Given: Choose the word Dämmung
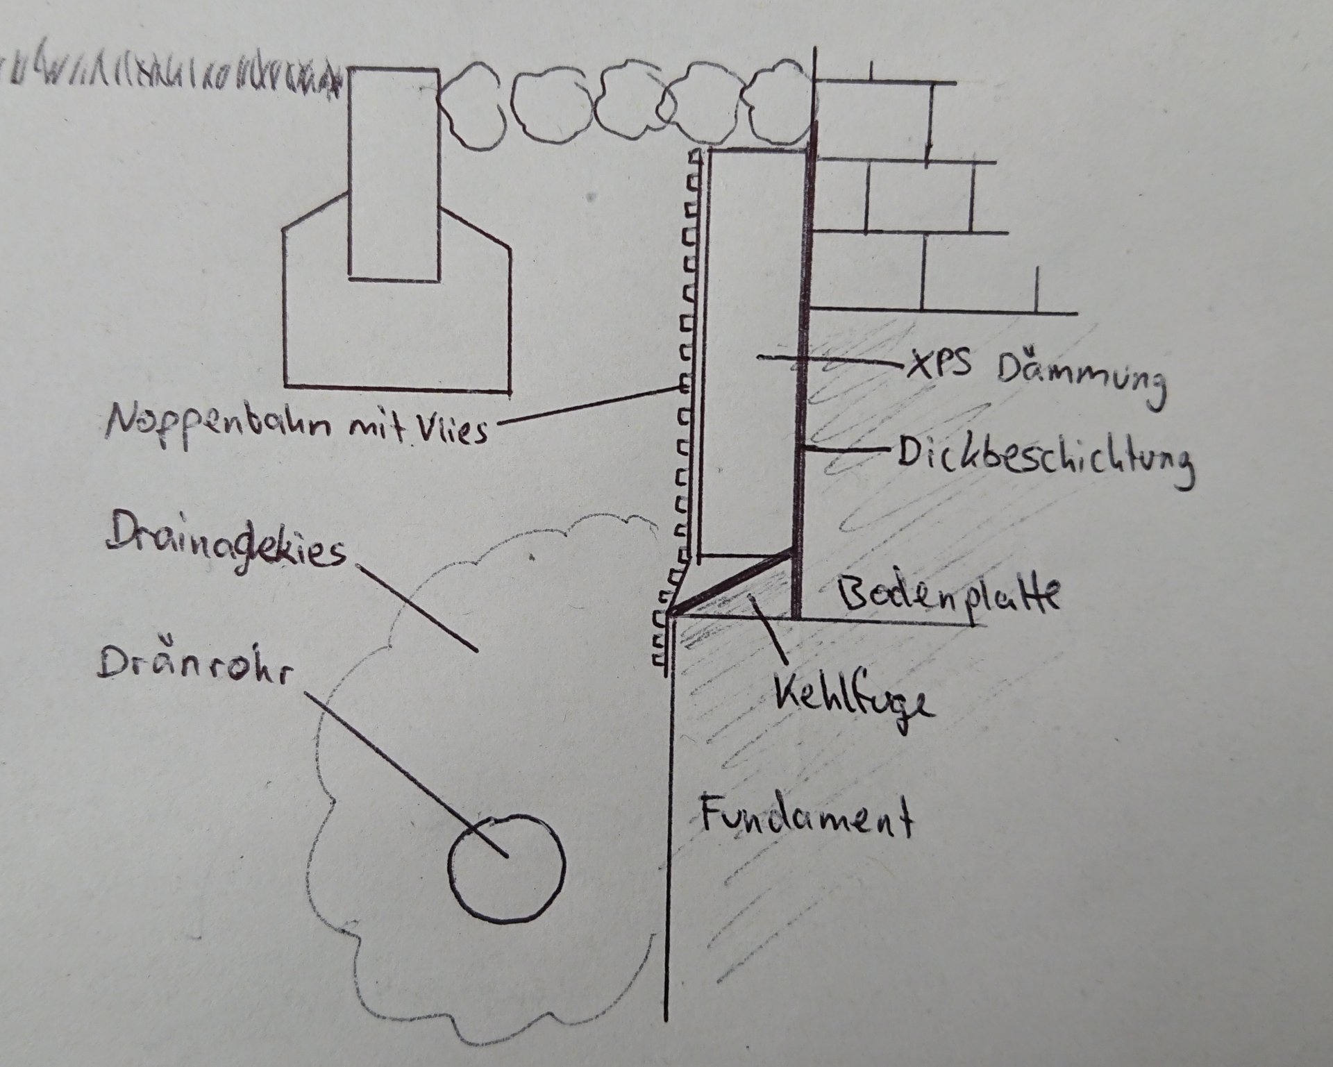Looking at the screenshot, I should [x=1080, y=382].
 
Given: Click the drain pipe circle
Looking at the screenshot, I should [x=507, y=868].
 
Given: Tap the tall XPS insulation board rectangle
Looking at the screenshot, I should [x=753, y=278].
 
